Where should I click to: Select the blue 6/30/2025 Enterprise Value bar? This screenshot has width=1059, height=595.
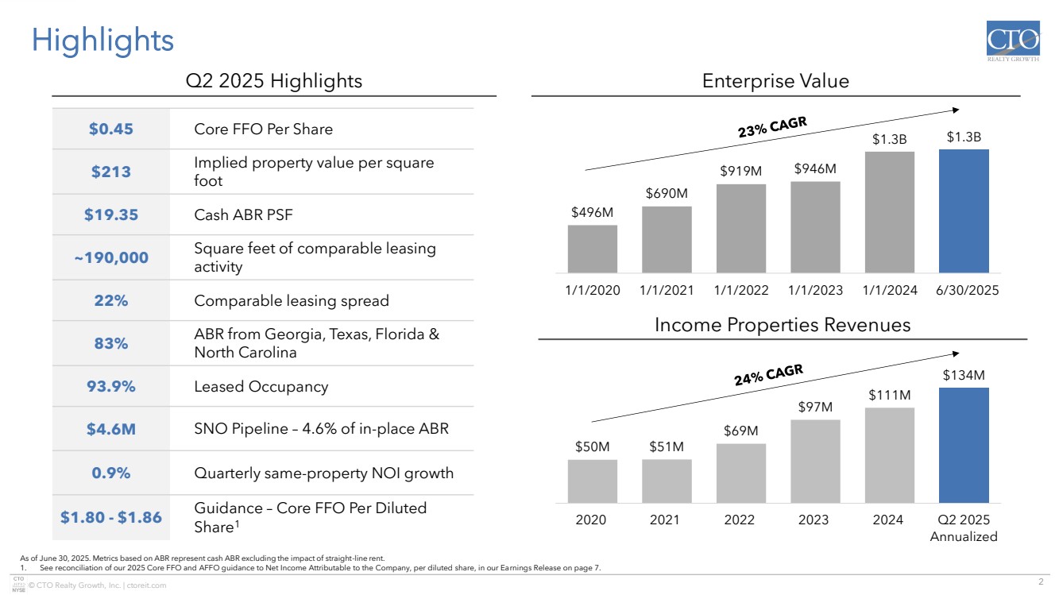click(x=964, y=211)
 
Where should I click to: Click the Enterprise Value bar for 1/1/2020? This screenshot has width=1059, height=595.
click(x=592, y=249)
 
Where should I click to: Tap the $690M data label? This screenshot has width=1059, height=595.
click(x=667, y=193)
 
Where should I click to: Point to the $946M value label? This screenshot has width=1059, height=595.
click(x=815, y=168)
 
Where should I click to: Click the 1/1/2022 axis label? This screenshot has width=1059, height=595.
click(x=740, y=291)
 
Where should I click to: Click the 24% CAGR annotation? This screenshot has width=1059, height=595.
click(x=768, y=375)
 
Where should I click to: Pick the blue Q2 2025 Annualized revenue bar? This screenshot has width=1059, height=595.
click(x=964, y=445)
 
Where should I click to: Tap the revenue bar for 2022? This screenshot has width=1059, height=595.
click(x=740, y=473)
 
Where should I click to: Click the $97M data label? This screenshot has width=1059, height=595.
click(x=815, y=407)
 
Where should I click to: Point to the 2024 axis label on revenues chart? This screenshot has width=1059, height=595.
click(x=889, y=520)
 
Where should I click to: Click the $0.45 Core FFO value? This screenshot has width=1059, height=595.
click(x=111, y=129)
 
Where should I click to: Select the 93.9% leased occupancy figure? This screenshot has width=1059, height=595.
click(x=111, y=387)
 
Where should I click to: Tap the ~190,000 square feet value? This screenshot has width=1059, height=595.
click(x=111, y=257)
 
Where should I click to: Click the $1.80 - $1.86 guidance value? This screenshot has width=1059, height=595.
click(x=111, y=517)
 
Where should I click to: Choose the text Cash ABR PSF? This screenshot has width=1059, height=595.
click(x=238, y=214)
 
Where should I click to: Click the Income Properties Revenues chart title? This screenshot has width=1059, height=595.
click(x=782, y=325)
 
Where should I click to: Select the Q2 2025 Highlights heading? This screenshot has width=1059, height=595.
click(x=273, y=81)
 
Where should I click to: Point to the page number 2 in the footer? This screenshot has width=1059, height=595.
click(x=1041, y=578)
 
